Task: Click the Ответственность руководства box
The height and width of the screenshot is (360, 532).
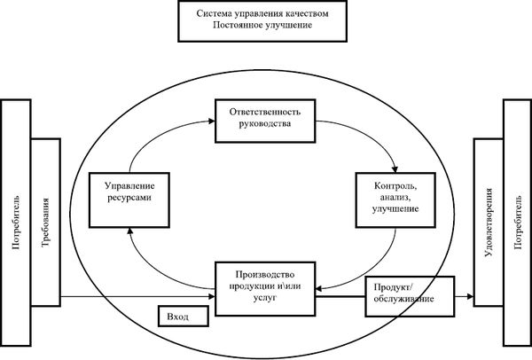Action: coord(265,121)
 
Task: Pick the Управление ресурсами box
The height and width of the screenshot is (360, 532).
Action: coord(129,200)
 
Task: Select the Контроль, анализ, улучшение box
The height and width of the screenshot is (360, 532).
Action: coord(395,200)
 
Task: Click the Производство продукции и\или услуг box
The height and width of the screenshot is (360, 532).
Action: coord(265,289)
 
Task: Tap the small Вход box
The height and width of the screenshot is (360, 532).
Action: coord(184,316)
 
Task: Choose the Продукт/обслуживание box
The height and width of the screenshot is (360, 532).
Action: coord(410,296)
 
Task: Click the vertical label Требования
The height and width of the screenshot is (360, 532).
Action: coord(45,223)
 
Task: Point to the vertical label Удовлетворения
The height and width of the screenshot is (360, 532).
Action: coord(489,223)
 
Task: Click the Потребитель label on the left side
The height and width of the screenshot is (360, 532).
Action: coord(16,223)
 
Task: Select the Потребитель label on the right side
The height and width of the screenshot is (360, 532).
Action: coord(518,223)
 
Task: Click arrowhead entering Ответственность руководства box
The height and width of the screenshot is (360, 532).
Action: coord(212,121)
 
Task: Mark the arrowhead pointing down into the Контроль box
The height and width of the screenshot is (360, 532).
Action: coord(395,169)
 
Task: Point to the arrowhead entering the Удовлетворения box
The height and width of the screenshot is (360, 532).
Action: coord(470,296)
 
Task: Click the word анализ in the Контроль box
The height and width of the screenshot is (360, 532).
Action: coord(395,198)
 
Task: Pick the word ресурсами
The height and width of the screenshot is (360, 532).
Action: coord(129,198)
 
